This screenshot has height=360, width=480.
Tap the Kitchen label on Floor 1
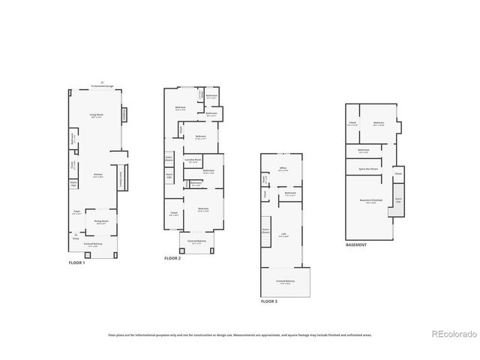click(x=97, y=175)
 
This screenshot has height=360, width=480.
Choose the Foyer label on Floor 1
click(x=76, y=214)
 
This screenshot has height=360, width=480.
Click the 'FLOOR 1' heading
click(x=77, y=263)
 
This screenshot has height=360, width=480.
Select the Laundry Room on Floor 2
click(x=192, y=160)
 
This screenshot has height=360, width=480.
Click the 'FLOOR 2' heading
click(x=172, y=258)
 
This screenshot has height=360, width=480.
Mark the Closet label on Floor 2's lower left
click(x=174, y=212)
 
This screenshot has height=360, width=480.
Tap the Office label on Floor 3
click(x=283, y=168)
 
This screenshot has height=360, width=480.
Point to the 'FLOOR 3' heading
click(x=268, y=301)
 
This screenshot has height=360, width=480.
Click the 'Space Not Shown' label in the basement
click(x=367, y=169)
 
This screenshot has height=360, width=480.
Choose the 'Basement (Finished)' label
click(x=371, y=200)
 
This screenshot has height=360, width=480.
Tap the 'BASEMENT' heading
click(x=356, y=245)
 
